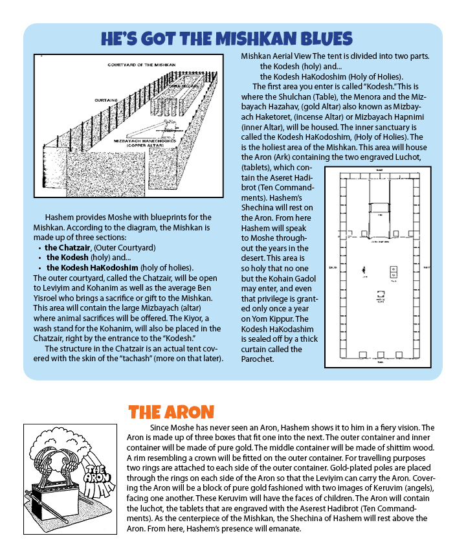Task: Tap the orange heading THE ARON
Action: (171, 412)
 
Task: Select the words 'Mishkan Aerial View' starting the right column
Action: (273, 56)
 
